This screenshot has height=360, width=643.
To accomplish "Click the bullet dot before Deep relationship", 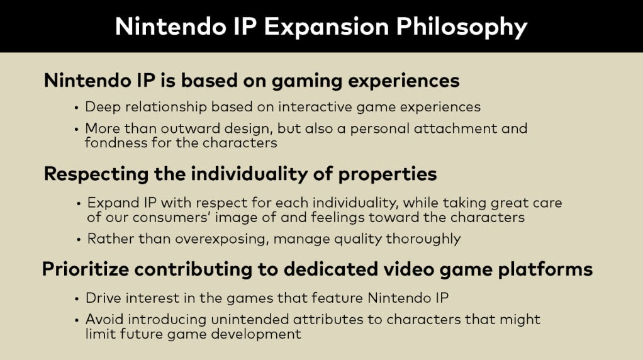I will (x=76, y=108).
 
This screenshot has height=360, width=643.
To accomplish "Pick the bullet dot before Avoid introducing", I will (x=77, y=320).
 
